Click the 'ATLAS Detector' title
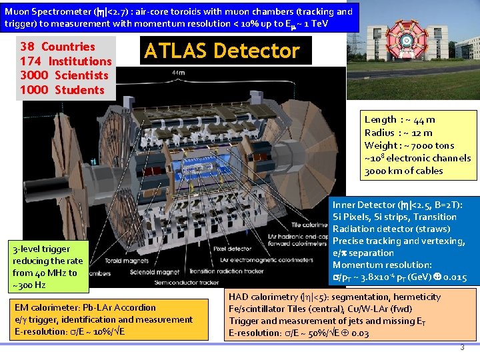point(222,51)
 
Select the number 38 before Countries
point(28,47)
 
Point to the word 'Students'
point(79,90)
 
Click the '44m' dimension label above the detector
point(178,72)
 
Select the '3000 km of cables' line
point(403,171)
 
